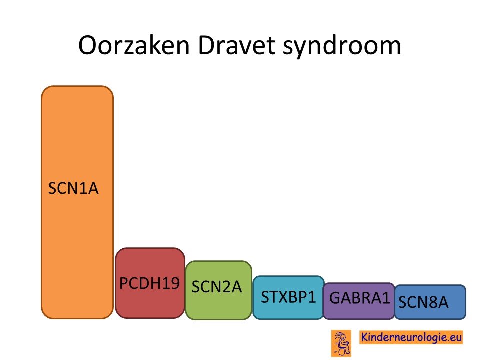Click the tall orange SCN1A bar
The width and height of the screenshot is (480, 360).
(x=77, y=202)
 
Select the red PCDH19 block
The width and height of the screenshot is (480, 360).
(x=150, y=283)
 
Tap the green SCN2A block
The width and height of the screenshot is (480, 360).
(x=218, y=290)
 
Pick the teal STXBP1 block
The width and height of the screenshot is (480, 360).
(x=288, y=297)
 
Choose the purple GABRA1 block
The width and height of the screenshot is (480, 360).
(x=359, y=301)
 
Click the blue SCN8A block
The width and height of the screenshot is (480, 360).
(x=430, y=302)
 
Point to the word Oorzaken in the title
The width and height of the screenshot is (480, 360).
(x=134, y=45)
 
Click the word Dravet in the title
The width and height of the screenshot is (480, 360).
(x=236, y=45)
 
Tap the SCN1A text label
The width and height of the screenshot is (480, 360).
(x=73, y=188)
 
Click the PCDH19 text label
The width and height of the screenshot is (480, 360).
(x=149, y=283)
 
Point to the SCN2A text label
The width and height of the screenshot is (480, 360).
(x=216, y=287)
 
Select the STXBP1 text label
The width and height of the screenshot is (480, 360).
(x=288, y=297)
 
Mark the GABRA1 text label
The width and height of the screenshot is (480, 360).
(x=359, y=298)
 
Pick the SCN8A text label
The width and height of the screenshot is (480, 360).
(x=423, y=302)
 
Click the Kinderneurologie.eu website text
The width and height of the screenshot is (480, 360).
(x=411, y=337)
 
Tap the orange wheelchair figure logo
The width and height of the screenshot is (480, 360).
(x=341, y=343)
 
